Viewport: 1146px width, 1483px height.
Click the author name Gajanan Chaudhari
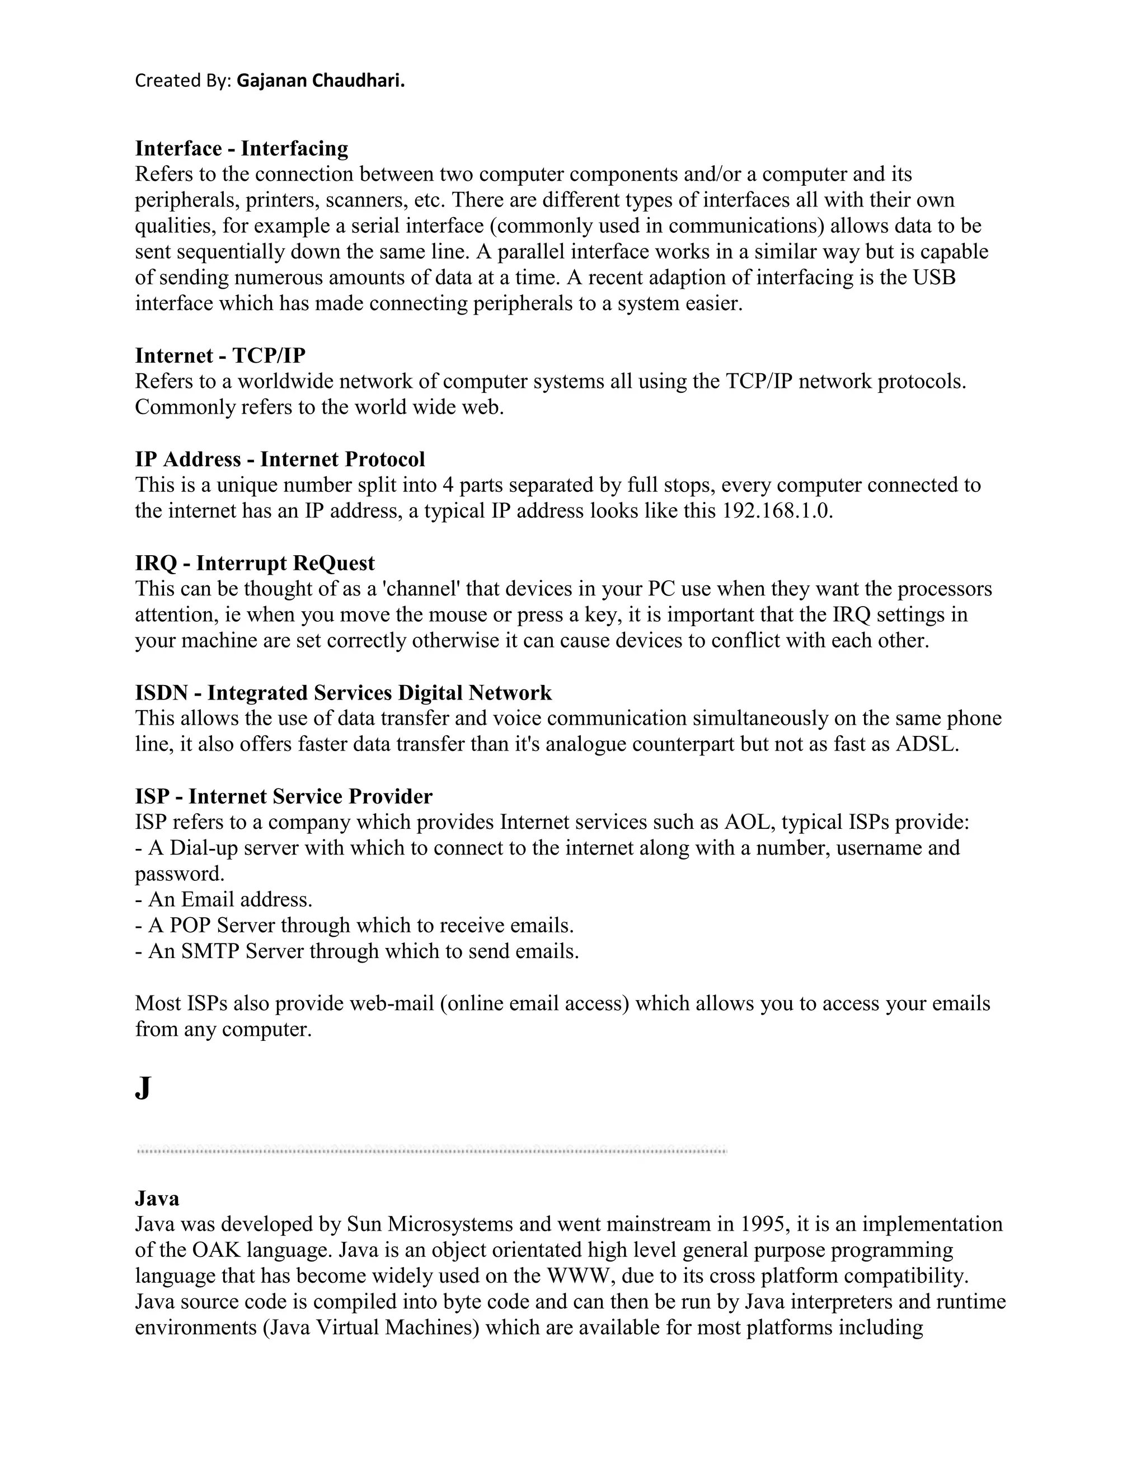pos(321,81)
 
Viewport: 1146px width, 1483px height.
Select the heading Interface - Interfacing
pos(242,148)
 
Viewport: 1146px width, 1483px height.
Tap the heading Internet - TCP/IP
pos(220,355)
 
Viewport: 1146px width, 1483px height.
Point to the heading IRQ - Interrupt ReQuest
pos(255,563)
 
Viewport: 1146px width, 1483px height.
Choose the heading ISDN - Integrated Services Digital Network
pos(343,693)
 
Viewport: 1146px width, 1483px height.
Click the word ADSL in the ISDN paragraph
pos(926,744)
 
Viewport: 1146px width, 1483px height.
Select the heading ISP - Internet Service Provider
pos(284,796)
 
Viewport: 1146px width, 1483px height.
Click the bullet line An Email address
pos(224,900)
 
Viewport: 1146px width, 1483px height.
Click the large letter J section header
pos(143,1088)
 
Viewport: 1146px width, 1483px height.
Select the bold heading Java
pos(157,1199)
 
